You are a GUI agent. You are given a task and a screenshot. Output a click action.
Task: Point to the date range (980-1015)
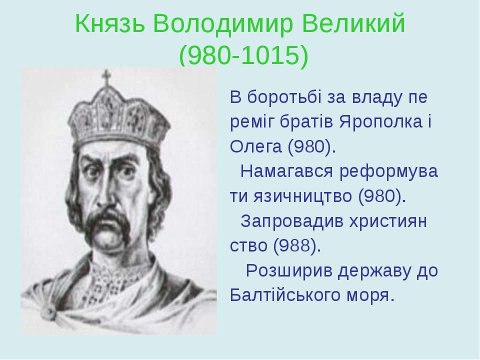coord(243,56)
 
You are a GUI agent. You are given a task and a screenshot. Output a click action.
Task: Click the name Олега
coord(255,147)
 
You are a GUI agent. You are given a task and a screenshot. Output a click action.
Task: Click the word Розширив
coord(289,271)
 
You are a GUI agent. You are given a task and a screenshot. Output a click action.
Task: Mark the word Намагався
coord(286,171)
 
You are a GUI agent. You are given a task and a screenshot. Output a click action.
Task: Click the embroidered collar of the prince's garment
coord(119,275)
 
